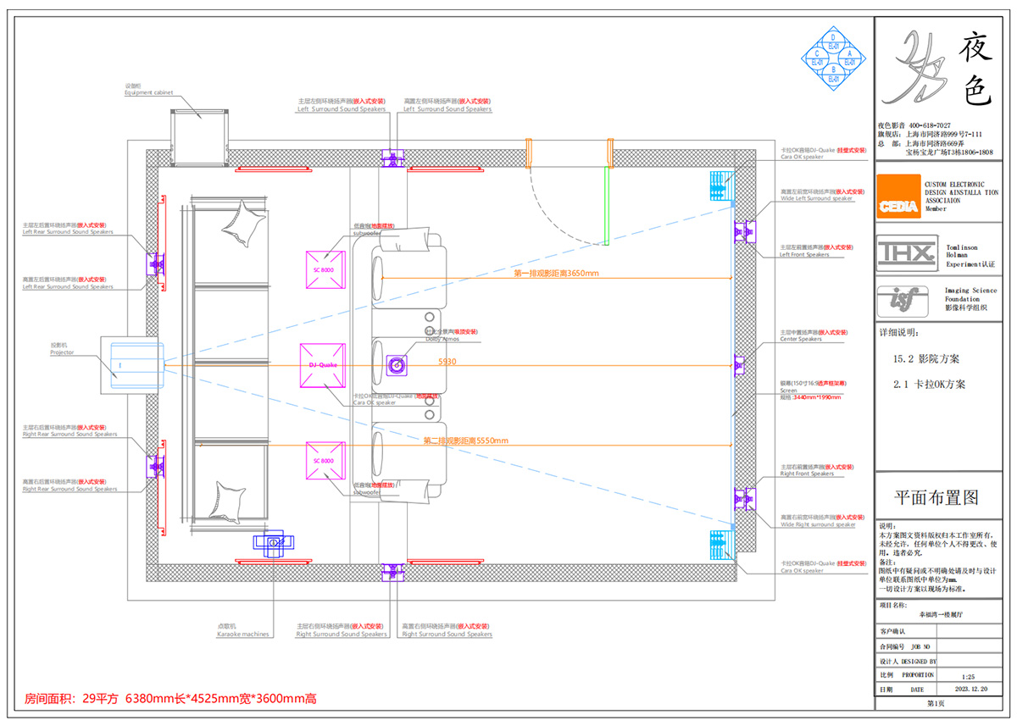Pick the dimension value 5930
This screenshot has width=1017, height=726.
pyautogui.click(x=447, y=362)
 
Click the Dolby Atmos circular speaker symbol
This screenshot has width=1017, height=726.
pyautogui.click(x=397, y=365)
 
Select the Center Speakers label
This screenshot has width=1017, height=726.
pyautogui.click(x=801, y=339)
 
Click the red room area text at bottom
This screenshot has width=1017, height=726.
pyautogui.click(x=169, y=699)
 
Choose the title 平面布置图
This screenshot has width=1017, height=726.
pyautogui.click(x=936, y=496)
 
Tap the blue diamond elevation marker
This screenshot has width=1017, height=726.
pyautogui.click(x=834, y=58)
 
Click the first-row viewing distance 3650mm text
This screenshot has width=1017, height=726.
pyautogui.click(x=556, y=274)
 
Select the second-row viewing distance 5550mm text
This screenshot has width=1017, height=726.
pyautogui.click(x=465, y=441)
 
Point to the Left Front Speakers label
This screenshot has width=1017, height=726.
pyautogui.click(x=804, y=254)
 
